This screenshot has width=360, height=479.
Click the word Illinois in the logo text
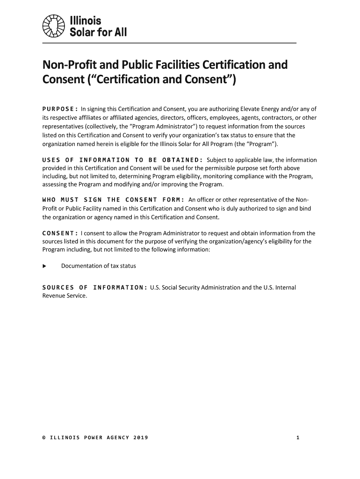(86, 21)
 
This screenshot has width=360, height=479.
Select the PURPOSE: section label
(60, 109)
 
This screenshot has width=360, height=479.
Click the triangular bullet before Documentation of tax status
(44, 266)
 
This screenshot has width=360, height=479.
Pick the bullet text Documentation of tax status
(99, 266)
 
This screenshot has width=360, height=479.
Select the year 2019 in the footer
(140, 438)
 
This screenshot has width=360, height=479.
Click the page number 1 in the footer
(297, 438)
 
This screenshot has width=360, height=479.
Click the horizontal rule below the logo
(169, 43)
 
